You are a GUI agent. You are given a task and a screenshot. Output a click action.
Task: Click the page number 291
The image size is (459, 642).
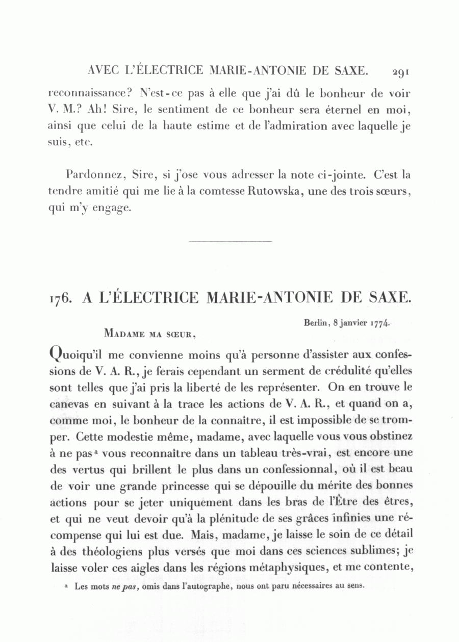(401, 72)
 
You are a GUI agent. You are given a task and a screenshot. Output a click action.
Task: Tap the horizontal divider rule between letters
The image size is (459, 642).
(230, 241)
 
